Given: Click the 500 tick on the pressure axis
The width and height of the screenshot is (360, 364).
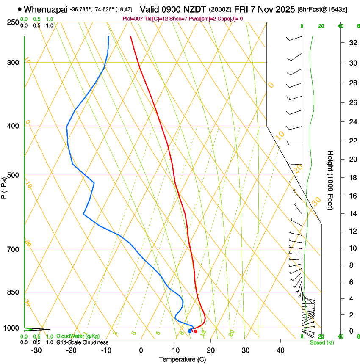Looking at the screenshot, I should pyautogui.click(x=13, y=175).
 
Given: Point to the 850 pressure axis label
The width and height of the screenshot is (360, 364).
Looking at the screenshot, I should pyautogui.click(x=13, y=292).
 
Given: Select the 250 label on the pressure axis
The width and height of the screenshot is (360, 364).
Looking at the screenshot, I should pyautogui.click(x=13, y=22).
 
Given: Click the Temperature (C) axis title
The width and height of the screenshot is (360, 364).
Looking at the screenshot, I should pyautogui.click(x=182, y=359).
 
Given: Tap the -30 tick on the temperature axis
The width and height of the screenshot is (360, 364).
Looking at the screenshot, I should pyautogui.click(x=36, y=350).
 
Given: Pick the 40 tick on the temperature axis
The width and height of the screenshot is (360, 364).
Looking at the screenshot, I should pyautogui.click(x=280, y=350).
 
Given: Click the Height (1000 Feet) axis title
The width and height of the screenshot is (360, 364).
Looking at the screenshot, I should pyautogui.click(x=330, y=180).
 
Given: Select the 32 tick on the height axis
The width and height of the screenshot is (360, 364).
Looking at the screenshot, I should pyautogui.click(x=352, y=43).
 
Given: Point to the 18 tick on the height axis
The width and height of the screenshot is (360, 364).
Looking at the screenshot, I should pyautogui.click(x=352, y=178).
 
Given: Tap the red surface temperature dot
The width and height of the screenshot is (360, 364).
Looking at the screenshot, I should pyautogui.click(x=195, y=331).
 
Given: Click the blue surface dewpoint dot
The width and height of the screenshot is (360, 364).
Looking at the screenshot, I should pyautogui.click(x=190, y=331).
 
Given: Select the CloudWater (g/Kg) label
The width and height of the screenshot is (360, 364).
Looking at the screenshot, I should pyautogui.click(x=76, y=336).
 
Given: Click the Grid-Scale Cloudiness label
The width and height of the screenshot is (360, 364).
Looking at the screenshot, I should pyautogui.click(x=82, y=342).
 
